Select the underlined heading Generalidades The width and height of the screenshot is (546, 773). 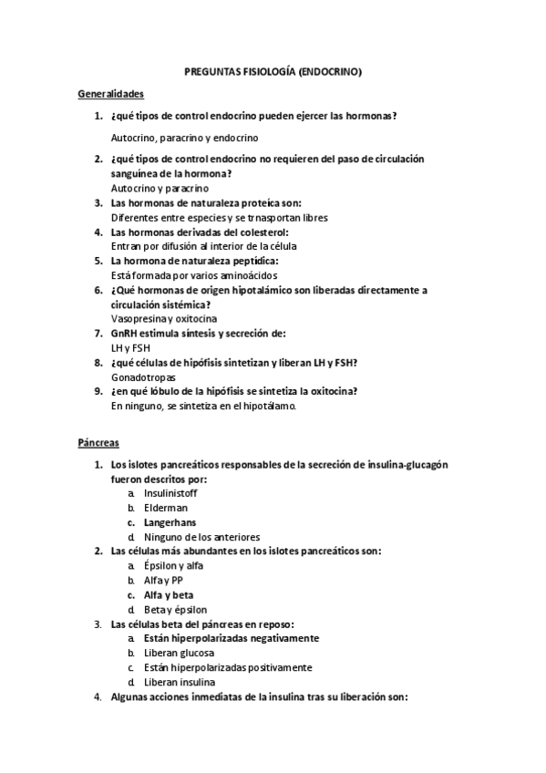tap(110, 93)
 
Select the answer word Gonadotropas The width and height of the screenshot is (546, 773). tap(143, 376)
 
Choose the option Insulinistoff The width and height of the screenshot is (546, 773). tap(170, 493)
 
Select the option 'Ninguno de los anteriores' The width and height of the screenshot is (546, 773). tap(201, 537)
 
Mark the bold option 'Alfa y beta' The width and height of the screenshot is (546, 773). tap(168, 595)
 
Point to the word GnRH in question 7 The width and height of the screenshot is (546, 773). tap(124, 334)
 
